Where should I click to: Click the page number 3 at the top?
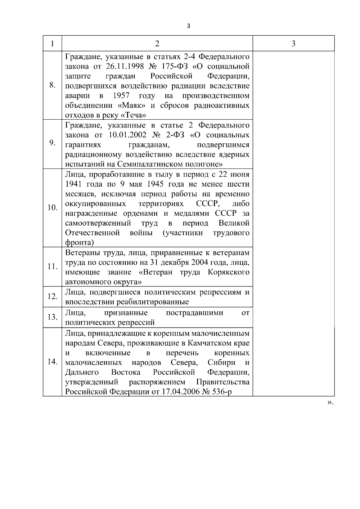[x=188, y=26]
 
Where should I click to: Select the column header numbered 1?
[x=52, y=44]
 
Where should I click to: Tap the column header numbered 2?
[x=157, y=44]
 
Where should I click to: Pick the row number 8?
[x=52, y=85]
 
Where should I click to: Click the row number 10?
[x=52, y=208]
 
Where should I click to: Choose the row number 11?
[x=52, y=266]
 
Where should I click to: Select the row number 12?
[x=52, y=296]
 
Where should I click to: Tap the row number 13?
[x=52, y=317]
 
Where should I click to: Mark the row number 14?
[x=52, y=361]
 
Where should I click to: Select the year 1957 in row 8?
[x=121, y=96]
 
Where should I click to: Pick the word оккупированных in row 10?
[x=96, y=204]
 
